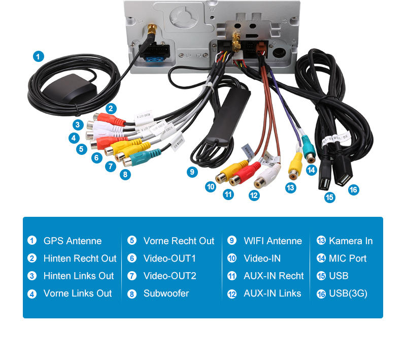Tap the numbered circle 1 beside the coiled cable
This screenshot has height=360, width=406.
pyautogui.click(x=39, y=56)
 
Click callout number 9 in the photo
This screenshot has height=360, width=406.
pyautogui.click(x=192, y=172)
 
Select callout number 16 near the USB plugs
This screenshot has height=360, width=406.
pyautogui.click(x=353, y=190)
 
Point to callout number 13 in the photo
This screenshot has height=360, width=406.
pyautogui.click(x=290, y=188)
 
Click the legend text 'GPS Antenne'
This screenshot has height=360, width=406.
pyautogui.click(x=73, y=241)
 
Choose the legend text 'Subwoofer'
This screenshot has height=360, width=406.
pyautogui.click(x=166, y=293)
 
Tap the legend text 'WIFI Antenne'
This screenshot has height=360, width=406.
pyautogui.click(x=273, y=241)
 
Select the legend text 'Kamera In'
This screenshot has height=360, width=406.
pyautogui.click(x=351, y=241)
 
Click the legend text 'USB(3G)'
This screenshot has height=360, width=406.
pyautogui.click(x=348, y=293)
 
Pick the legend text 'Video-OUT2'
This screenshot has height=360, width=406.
pyautogui.click(x=170, y=276)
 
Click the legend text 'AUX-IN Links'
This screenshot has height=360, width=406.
pyautogui.click(x=272, y=293)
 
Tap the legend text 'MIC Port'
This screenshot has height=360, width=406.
pyautogui.click(x=348, y=258)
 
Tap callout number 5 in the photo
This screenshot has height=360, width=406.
pyautogui.click(x=81, y=149)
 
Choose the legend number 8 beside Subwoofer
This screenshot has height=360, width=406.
pyautogui.click(x=132, y=294)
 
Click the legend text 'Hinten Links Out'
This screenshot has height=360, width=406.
pyautogui.click(x=79, y=276)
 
